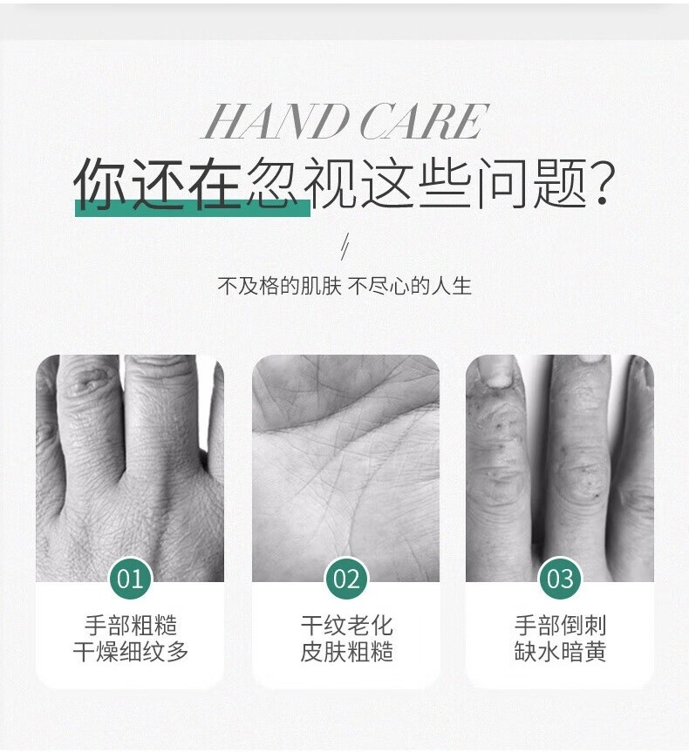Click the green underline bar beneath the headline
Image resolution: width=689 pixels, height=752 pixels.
193,208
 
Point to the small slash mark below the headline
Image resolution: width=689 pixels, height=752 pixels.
344,247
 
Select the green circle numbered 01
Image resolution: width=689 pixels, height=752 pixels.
130,579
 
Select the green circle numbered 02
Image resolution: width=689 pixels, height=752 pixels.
346,579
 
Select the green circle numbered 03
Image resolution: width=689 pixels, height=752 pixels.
560,579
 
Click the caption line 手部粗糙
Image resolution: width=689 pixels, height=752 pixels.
131,625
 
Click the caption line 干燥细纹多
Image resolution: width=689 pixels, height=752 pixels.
131,651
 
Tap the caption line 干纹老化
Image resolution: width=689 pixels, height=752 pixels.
346,625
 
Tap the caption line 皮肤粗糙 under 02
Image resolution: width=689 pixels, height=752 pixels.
346,651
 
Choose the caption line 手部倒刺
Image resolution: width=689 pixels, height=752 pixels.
560,625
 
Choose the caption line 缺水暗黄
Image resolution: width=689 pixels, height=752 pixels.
560,651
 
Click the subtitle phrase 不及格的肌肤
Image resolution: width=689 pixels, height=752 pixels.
279,286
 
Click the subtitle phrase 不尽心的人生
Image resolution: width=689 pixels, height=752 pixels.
410,286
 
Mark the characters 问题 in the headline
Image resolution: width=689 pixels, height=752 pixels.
533,184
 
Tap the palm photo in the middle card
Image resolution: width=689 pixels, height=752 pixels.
345,468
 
